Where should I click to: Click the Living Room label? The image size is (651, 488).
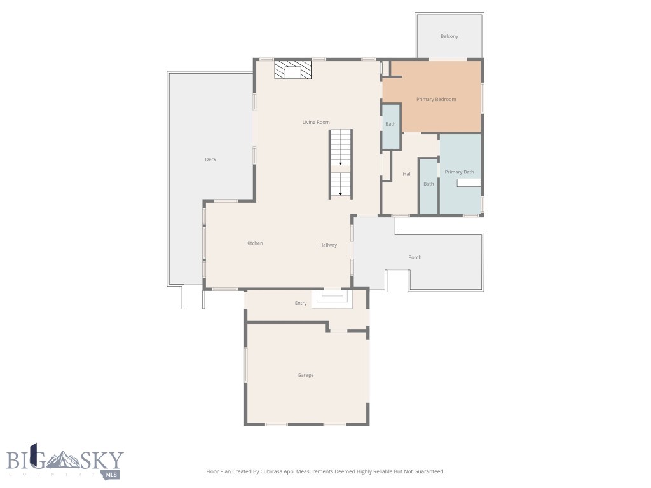coord(315,122)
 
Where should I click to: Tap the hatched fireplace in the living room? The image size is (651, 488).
coord(293,70)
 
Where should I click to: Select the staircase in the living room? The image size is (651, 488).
coord(341,163)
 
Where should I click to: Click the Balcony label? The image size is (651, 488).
coord(449,36)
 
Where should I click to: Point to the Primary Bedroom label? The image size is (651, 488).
coord(436,99)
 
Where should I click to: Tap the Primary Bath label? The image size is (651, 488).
coord(459,172)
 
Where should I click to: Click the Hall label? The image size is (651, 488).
coord(407,174)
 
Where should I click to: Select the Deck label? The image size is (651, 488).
coord(210,159)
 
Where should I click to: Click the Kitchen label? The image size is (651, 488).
coord(254,243)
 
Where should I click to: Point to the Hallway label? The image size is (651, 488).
coord(328,245)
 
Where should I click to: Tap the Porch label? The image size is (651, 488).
coord(415,257)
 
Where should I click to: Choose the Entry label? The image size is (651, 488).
coord(301,304)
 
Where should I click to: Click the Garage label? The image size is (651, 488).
coord(306,375)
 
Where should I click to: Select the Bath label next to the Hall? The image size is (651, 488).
coord(429,184)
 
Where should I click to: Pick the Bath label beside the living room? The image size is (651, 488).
coord(390,124)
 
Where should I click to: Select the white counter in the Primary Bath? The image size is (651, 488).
coord(469,183)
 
